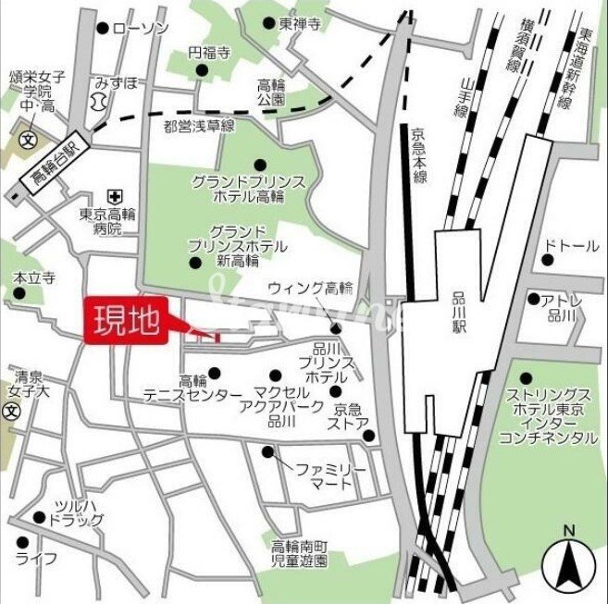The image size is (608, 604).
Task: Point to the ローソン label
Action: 140,29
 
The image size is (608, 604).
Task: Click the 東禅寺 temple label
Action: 299,24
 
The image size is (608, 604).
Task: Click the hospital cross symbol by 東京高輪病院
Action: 114,196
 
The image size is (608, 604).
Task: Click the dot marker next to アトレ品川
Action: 534,299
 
